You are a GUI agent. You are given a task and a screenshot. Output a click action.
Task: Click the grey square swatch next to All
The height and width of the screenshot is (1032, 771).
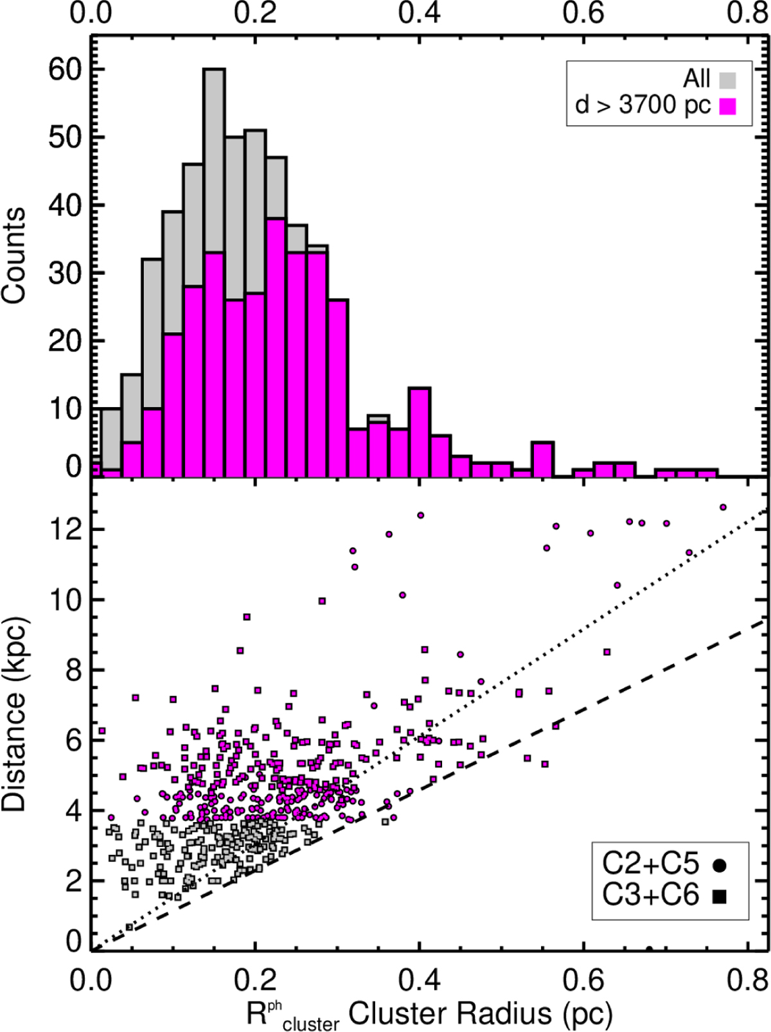click(x=727, y=80)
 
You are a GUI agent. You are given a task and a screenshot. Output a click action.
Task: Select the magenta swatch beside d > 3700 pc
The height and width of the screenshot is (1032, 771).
click(x=727, y=105)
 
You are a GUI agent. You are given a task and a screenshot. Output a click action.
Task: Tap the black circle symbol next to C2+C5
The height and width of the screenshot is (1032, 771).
click(x=719, y=866)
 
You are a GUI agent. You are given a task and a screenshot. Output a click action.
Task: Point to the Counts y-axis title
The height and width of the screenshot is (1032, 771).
click(x=14, y=255)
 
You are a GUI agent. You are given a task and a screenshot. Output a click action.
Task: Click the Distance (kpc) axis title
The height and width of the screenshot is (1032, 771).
click(x=14, y=713)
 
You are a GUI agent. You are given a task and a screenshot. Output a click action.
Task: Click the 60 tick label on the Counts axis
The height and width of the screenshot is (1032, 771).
click(x=66, y=69)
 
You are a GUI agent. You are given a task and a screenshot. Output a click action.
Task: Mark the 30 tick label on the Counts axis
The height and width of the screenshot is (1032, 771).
click(x=66, y=274)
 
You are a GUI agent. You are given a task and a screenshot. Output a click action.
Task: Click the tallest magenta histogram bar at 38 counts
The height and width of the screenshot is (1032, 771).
click(x=276, y=347)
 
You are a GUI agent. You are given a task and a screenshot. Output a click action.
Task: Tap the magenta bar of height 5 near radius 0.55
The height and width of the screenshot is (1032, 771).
click(x=543, y=459)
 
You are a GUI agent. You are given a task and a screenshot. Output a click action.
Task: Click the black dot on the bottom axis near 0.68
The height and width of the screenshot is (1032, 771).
click(x=650, y=949)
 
